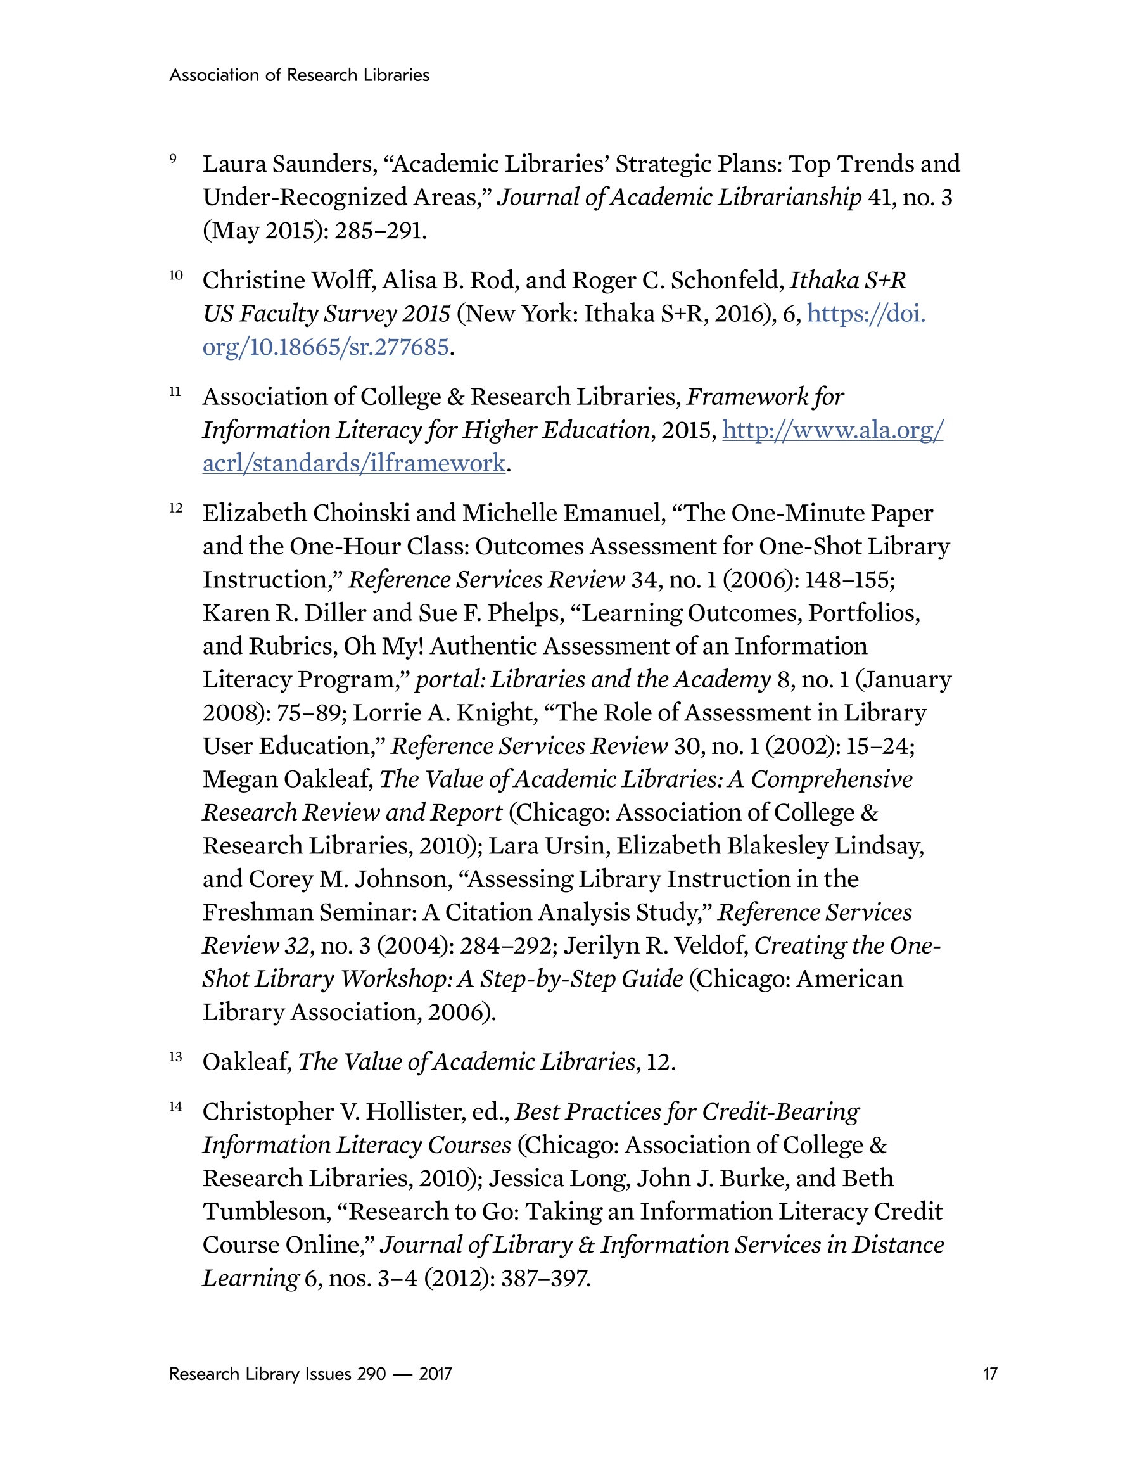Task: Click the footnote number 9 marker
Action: (173, 159)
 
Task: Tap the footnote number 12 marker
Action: (175, 508)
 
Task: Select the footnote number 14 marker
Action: (175, 1107)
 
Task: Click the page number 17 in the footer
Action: (990, 1374)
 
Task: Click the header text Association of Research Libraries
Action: (300, 75)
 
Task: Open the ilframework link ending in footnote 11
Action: (353, 464)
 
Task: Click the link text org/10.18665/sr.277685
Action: (326, 347)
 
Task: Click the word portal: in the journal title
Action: (450, 679)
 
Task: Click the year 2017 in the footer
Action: (435, 1374)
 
